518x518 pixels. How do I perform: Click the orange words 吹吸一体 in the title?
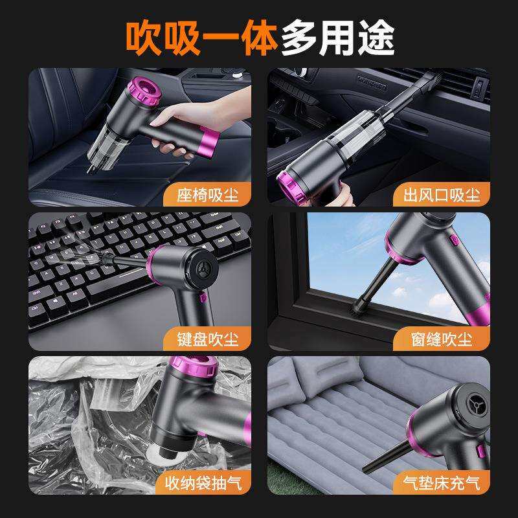201,37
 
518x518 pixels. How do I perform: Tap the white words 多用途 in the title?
337,37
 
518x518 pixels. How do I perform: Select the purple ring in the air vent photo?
299,185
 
